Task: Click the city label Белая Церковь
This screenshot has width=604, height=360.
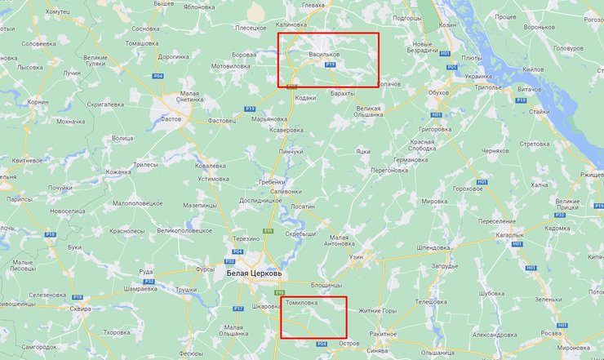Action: [x=254, y=273]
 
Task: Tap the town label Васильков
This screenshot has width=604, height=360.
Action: [x=324, y=54]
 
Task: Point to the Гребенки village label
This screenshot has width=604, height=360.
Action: [x=272, y=181]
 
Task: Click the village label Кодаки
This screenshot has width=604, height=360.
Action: [x=304, y=98]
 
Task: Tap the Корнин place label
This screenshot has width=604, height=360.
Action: [x=38, y=102]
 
